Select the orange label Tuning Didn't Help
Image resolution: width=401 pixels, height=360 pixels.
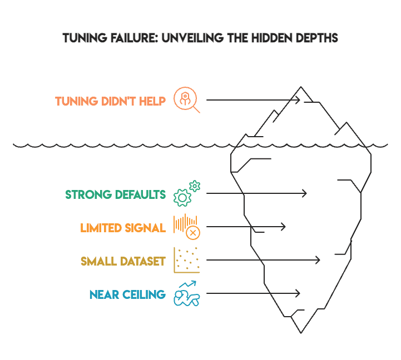coord(110,102)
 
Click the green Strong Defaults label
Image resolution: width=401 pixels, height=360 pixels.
coord(116,194)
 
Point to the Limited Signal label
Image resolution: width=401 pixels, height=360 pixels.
coord(123,228)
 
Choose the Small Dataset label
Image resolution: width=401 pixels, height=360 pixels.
coord(123,261)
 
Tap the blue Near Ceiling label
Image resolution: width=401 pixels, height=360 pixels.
coord(127,294)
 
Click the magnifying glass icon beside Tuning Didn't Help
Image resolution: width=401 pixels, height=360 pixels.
coord(186,100)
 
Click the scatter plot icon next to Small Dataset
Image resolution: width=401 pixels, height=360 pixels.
coord(186,260)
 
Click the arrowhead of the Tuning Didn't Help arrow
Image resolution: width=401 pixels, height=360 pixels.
coord(298,100)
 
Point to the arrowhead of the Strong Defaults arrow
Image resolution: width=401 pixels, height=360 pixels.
coord(304,193)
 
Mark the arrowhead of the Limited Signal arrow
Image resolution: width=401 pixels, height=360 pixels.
coord(283,227)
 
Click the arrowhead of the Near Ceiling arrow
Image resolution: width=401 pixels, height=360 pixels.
coord(298,293)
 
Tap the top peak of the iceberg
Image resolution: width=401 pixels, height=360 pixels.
coord(301,87)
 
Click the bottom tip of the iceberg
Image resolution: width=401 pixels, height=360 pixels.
coord(301,333)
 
